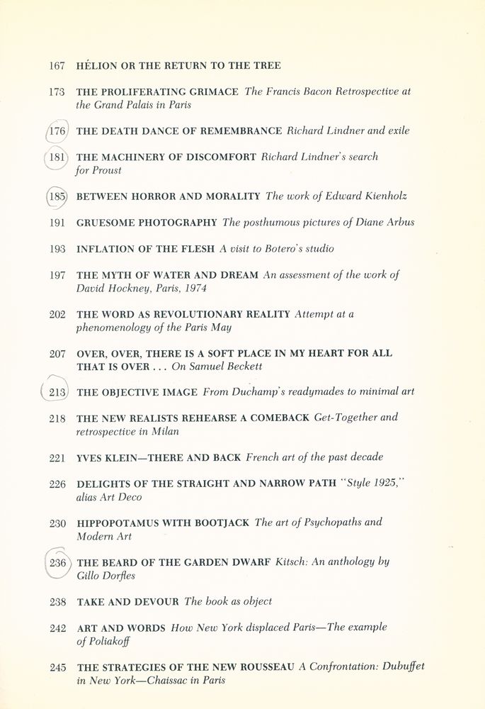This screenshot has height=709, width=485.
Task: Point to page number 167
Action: click(57, 66)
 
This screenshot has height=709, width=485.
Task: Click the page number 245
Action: click(58, 667)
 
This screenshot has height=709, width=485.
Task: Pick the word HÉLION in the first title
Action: click(95, 66)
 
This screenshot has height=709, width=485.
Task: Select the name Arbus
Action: click(401, 223)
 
